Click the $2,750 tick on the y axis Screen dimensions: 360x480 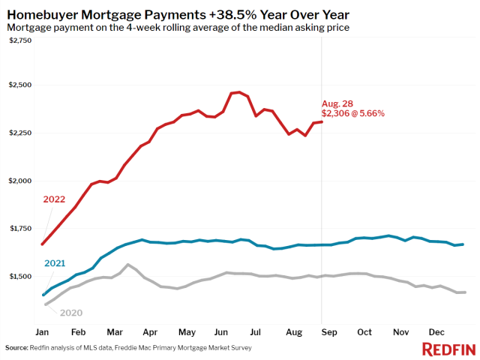(19, 39)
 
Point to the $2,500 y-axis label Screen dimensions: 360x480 (19, 85)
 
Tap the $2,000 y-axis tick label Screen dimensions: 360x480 (19, 181)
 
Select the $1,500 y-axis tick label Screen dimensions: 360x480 (19, 277)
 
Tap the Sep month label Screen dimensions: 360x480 (328, 331)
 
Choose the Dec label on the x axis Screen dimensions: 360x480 (437, 331)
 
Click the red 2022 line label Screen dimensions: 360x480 (55, 199)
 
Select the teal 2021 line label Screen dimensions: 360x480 (55, 262)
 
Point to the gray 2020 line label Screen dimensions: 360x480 (70, 313)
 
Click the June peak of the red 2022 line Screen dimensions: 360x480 (238, 92)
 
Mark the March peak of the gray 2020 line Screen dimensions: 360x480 (128, 265)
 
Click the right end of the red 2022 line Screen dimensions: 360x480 (322, 121)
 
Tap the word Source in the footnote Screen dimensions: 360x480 (16, 348)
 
